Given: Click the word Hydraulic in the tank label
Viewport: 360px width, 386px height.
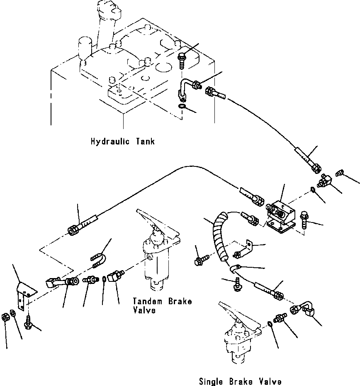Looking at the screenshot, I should [x=110, y=142].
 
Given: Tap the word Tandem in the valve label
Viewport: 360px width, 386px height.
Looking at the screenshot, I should [x=147, y=301].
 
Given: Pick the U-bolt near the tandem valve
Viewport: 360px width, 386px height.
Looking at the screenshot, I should [x=99, y=261].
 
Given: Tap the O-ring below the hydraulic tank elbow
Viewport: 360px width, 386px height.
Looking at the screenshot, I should [x=182, y=107].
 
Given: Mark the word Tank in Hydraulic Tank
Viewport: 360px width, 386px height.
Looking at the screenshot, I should [x=145, y=142].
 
